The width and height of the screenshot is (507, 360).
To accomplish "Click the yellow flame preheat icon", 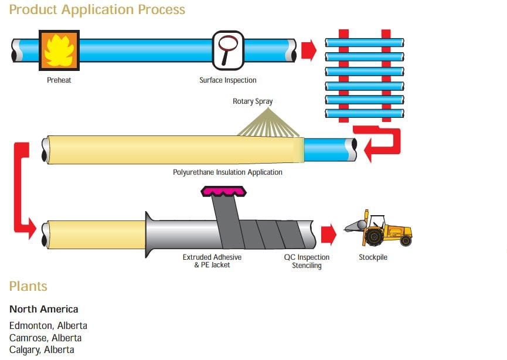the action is [59, 50].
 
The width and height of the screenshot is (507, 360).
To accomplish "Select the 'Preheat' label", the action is [59, 80].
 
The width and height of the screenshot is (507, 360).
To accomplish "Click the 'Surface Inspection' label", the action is [228, 80].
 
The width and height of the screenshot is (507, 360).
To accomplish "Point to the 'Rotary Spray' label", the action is [253, 101].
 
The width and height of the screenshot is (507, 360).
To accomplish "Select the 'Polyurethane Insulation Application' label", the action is [227, 172].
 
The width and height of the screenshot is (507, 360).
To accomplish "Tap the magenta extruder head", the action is [224, 192].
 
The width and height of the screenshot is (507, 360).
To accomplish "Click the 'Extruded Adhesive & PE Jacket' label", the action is [212, 261].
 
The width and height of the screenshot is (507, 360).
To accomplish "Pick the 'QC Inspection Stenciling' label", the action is [307, 261].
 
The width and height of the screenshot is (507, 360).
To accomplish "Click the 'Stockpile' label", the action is [373, 257].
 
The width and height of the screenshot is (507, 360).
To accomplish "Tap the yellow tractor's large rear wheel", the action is [375, 236].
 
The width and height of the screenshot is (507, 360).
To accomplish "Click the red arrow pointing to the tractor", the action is [328, 234].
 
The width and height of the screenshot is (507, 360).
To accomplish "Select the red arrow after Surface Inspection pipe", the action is [309, 50].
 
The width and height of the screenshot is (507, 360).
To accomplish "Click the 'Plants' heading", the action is [28, 287].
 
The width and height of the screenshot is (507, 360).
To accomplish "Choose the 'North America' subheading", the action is [43, 309].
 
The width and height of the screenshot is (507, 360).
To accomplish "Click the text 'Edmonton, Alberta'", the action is [48, 326].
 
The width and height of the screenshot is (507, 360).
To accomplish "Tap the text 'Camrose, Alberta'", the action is [45, 338].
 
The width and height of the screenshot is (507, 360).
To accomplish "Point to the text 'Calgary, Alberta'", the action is [42, 350].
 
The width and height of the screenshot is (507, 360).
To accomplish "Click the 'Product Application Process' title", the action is [97, 10].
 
